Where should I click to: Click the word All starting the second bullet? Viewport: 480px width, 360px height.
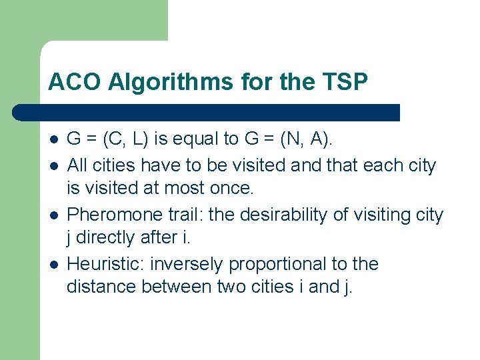pos(77,165)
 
